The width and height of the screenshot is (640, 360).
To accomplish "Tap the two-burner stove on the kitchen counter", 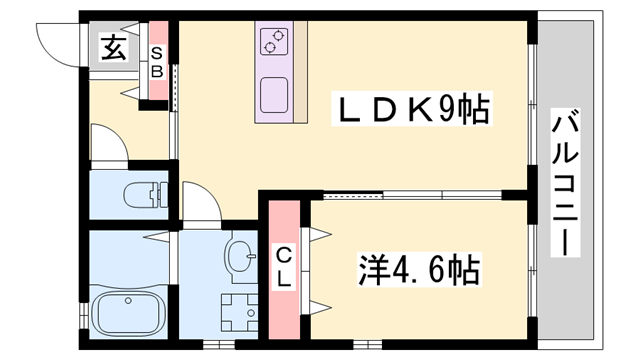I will pos(272,42).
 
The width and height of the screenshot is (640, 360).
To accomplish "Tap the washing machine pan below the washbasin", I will pos(238,311).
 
